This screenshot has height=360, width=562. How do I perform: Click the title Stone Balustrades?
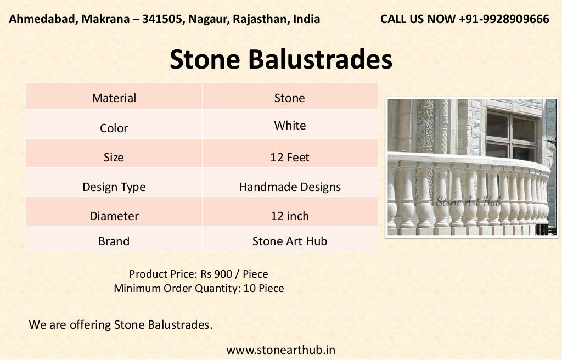pyautogui.click(x=280, y=59)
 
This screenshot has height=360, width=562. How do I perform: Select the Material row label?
pyautogui.click(x=114, y=98)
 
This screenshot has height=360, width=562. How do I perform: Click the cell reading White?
pyautogui.click(x=290, y=126)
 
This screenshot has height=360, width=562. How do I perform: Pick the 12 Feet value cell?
pyautogui.click(x=290, y=157)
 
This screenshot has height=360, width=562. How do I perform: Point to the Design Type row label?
pyautogui.click(x=114, y=187)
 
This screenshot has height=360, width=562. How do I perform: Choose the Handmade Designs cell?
pyautogui.click(x=290, y=187)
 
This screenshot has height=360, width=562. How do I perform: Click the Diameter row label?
pyautogui.click(x=114, y=216)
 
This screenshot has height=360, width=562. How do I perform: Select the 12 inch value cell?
pyautogui.click(x=290, y=216)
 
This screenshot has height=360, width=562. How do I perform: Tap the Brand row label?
pyautogui.click(x=114, y=241)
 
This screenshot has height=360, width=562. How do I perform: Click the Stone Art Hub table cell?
pyautogui.click(x=290, y=241)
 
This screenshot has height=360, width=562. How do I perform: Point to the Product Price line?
pyautogui.click(x=198, y=273)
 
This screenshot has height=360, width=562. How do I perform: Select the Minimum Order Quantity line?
pyautogui.click(x=198, y=288)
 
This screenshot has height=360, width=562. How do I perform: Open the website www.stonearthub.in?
pyautogui.click(x=280, y=350)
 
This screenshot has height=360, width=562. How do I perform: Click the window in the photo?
pyautogui.click(x=510, y=134)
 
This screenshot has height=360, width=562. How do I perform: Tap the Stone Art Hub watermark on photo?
pyautogui.click(x=468, y=201)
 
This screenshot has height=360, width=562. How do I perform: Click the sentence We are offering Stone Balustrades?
pyautogui.click(x=120, y=324)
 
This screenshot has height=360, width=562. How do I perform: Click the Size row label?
pyautogui.click(x=114, y=157)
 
